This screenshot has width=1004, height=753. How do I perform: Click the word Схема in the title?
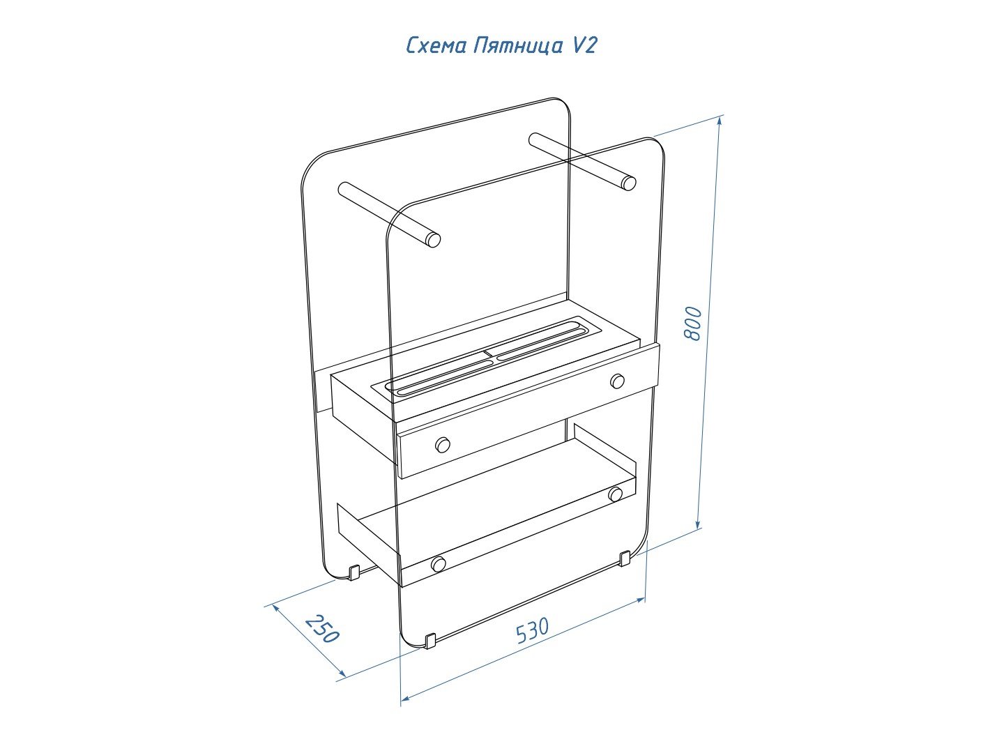click(437, 47)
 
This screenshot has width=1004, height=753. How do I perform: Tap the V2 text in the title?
click(583, 46)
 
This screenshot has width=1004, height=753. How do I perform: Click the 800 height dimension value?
click(692, 324)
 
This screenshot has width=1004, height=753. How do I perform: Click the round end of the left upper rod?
click(434, 240)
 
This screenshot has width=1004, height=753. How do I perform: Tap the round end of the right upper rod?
click(629, 183)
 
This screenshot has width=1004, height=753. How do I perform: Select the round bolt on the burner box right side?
click(618, 381)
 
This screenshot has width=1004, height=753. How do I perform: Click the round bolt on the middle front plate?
click(442, 444)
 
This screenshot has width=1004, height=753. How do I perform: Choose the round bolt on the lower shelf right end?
click(615, 494)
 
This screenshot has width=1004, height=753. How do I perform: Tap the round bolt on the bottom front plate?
click(439, 564)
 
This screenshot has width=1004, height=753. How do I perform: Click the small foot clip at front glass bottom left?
click(430, 641)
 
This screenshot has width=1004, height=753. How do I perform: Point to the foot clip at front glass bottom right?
click(625, 558)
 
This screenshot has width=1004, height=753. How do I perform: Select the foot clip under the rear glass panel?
click(354, 572)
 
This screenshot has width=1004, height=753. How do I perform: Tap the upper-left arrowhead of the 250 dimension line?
click(276, 608)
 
